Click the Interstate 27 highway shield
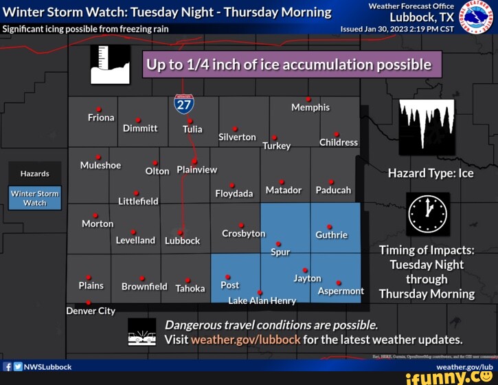[x=183, y=104]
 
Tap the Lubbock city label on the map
[x=182, y=241]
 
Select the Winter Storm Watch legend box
[x=35, y=198]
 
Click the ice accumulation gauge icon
[x=110, y=65]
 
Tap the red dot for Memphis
[x=308, y=99]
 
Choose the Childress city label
[x=339, y=142]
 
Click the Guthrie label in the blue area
[x=331, y=235]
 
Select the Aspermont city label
[x=341, y=291]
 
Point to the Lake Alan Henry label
[x=262, y=300]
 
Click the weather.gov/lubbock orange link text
[x=245, y=340]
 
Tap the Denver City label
[x=91, y=311]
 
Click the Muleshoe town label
[x=100, y=166]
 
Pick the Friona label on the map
[x=101, y=118]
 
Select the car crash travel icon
[x=142, y=332]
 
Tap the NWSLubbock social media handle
[x=47, y=366]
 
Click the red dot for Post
[x=227, y=277]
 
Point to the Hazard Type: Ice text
[x=431, y=173]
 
